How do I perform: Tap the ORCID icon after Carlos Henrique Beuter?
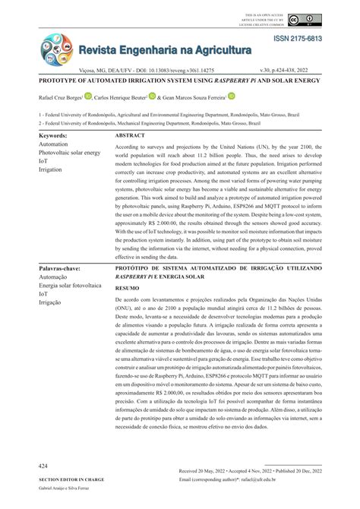[153, 96]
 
